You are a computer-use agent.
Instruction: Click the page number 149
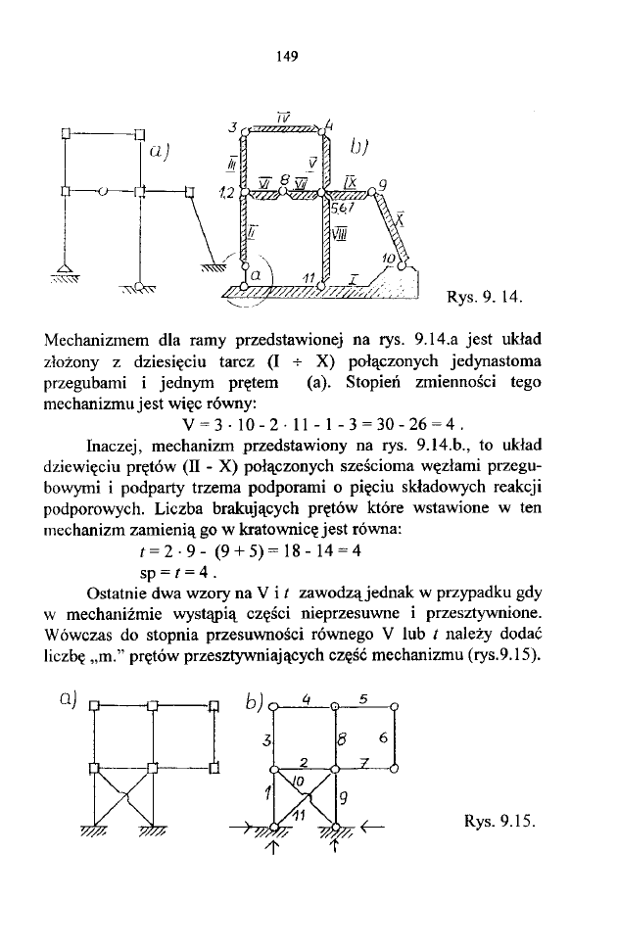click(286, 56)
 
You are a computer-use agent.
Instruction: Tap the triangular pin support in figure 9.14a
click(66, 269)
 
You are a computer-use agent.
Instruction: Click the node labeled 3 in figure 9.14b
click(233, 128)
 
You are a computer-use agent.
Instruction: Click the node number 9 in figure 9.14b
click(381, 183)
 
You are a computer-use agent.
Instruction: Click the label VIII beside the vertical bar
click(339, 232)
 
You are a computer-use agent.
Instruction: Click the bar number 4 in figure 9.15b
click(307, 699)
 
